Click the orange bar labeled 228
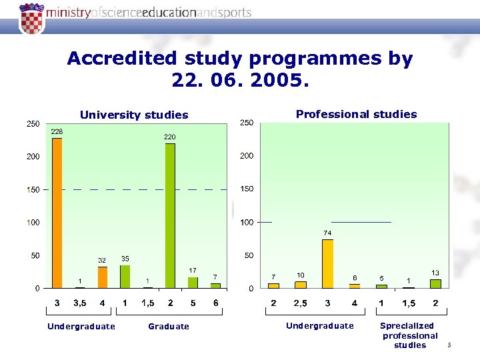point(57,213)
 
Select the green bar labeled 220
point(170,217)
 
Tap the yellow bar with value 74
point(327,264)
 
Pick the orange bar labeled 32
point(102,277)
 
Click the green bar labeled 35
point(125,277)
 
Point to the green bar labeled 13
point(435,284)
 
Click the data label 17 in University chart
point(192,270)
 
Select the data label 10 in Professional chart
point(301,275)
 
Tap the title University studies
point(134,115)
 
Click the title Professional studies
point(356,114)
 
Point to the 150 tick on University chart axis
point(33,189)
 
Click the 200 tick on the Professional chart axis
point(247,156)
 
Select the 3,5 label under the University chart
point(79,303)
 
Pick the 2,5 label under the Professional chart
point(300,303)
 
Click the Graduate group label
point(168,327)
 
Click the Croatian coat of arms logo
point(30,17)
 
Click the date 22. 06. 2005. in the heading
point(240,81)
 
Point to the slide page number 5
point(450,345)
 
